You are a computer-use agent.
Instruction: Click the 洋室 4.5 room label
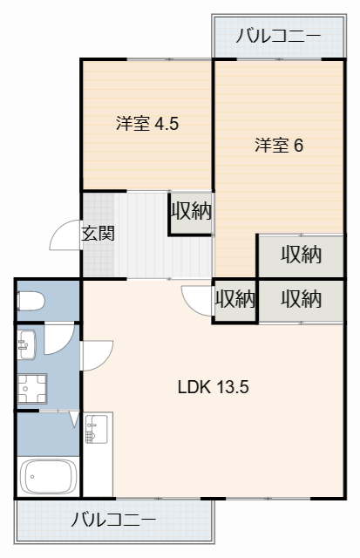[147, 124]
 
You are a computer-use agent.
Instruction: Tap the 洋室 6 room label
[278, 146]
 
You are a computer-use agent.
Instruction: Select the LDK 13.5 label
[214, 387]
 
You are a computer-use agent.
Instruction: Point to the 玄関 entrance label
[98, 234]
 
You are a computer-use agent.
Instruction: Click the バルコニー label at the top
[278, 36]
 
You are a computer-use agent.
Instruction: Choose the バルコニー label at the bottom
[113, 520]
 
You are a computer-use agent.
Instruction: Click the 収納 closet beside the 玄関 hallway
[191, 212]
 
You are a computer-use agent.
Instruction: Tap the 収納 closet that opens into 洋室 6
[301, 255]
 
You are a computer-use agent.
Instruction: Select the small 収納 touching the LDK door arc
[234, 300]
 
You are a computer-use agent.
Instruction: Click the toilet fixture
[31, 302]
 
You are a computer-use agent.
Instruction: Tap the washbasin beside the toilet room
[24, 344]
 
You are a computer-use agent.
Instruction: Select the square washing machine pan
[35, 389]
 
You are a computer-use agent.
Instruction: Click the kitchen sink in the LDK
[96, 429]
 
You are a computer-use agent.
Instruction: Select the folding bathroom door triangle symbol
[74, 421]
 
